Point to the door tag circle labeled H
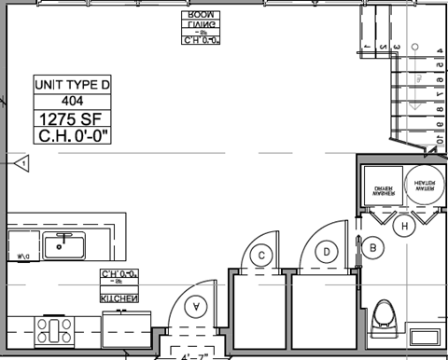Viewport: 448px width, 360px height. (404, 226)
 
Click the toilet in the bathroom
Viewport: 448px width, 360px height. (384, 320)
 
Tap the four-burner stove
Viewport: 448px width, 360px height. (54, 329)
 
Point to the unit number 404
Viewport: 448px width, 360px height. (72, 101)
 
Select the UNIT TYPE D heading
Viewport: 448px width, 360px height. (72, 85)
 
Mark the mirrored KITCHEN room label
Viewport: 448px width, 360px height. (119, 298)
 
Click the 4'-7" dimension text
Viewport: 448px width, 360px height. (196, 355)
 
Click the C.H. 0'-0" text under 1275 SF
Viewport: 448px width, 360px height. (73, 136)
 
